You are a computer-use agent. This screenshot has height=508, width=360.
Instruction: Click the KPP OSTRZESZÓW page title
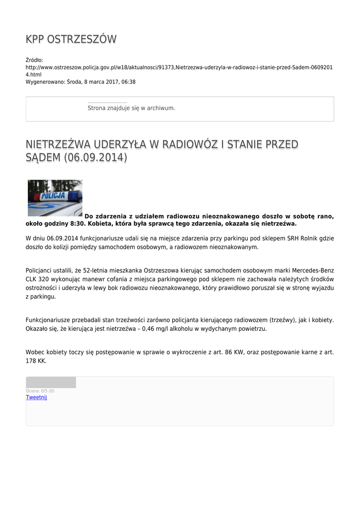coord(71,40)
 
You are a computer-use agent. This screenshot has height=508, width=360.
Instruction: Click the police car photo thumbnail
coord(55,198)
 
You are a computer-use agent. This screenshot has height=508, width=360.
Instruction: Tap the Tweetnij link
coord(36,397)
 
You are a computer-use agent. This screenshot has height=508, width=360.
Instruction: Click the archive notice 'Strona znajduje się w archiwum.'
coord(131,108)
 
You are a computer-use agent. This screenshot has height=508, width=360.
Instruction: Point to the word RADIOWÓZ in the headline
coord(184,144)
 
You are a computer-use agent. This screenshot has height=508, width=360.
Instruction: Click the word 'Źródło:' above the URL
coord(35,60)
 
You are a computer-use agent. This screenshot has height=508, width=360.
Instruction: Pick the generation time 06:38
coord(129,82)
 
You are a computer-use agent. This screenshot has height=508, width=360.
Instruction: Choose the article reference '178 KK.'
coord(36,361)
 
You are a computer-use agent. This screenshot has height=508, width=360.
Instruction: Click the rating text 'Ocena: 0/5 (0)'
coord(40,391)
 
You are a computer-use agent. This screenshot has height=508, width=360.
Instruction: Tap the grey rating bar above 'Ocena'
coord(51,382)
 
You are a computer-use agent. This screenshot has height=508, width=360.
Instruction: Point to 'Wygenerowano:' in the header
coord(45,82)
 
